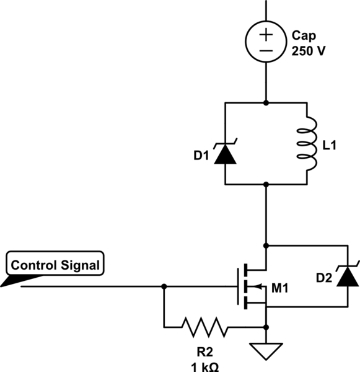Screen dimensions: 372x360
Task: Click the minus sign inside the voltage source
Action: [x=266, y=51]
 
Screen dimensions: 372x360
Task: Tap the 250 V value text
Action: [x=307, y=51]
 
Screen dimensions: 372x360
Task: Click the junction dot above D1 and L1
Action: [x=266, y=102]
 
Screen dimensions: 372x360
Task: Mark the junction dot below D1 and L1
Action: [x=266, y=184]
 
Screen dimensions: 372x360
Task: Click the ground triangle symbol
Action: [x=266, y=352]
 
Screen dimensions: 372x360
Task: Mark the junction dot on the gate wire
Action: [x=164, y=286]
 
